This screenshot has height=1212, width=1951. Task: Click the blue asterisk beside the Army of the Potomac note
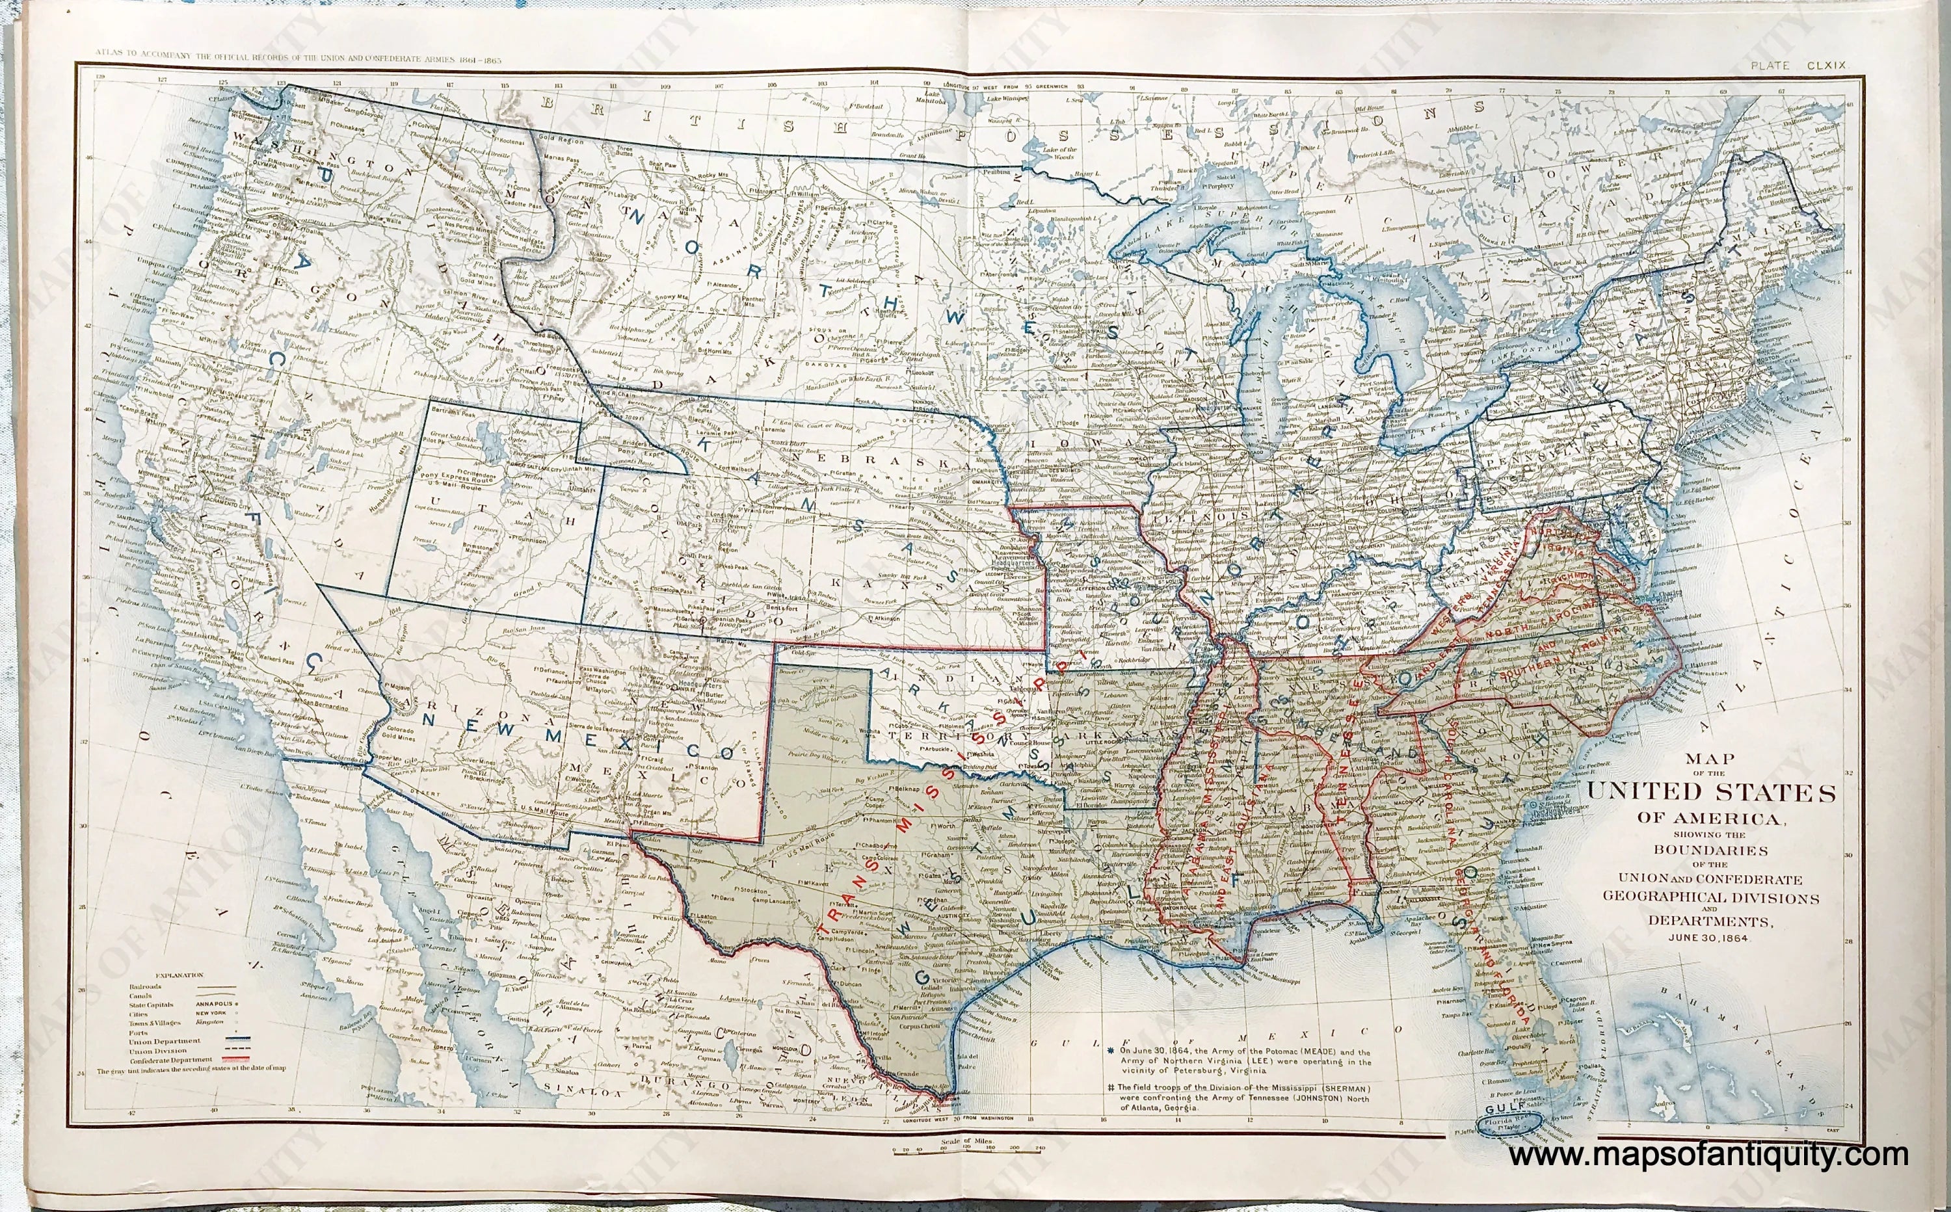tap(1111, 1051)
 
